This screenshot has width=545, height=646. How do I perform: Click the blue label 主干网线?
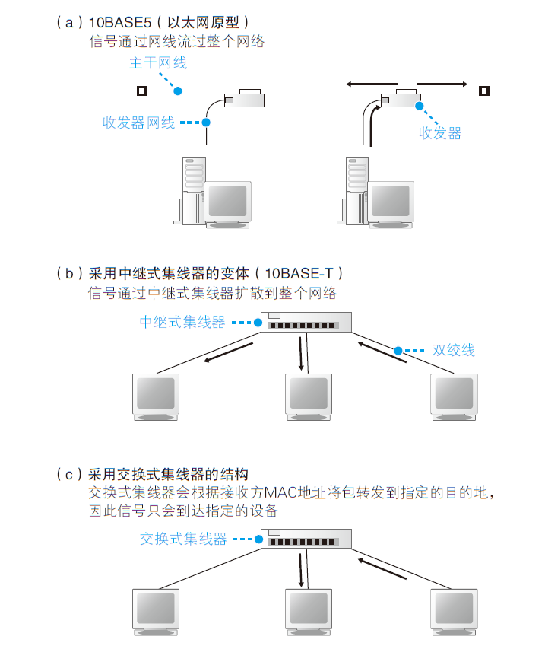(157, 64)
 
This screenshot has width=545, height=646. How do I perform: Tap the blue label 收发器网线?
(138, 123)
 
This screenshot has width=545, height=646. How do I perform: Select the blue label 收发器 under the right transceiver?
(440, 133)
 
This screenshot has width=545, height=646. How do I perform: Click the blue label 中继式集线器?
(182, 323)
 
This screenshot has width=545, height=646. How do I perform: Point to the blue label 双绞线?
(453, 350)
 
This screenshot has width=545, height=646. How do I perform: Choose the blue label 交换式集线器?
(183, 539)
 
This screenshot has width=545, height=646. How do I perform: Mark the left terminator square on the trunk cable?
(141, 91)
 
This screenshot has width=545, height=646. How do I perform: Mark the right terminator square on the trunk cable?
(483, 91)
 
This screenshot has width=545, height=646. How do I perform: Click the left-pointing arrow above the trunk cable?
(371, 83)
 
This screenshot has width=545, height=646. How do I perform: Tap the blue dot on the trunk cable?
(177, 91)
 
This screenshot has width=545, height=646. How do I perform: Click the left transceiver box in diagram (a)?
(244, 98)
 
